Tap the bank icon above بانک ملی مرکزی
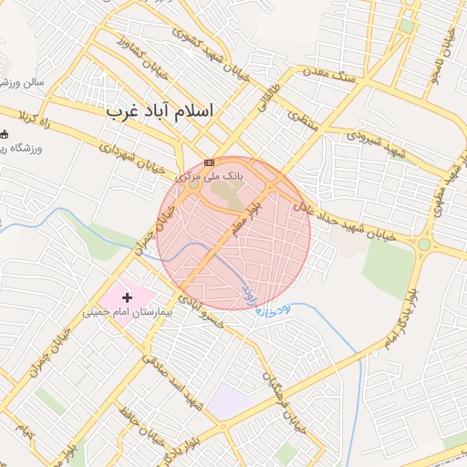211,162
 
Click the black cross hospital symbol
127,296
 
